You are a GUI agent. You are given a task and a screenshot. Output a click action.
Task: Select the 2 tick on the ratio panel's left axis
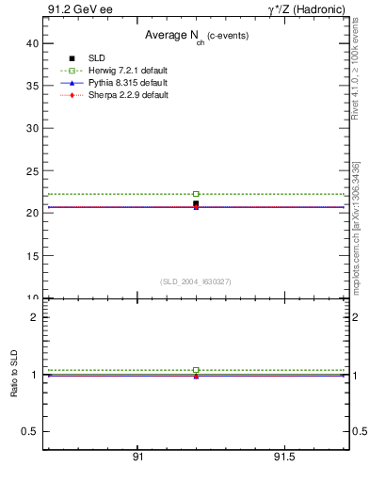34,317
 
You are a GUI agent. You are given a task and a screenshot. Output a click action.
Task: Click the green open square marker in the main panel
196,194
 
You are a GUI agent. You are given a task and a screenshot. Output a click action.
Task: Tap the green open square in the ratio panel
196,370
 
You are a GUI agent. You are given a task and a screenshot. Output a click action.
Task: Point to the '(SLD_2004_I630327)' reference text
196,281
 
